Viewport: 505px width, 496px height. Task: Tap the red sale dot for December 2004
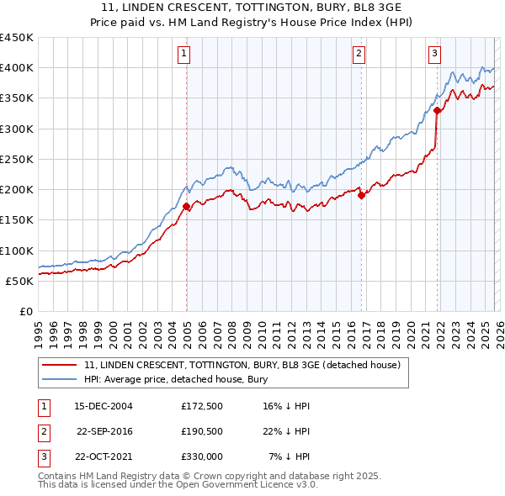coord(186,206)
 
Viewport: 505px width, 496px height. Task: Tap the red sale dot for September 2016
coord(361,195)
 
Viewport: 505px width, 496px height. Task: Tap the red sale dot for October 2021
coord(438,110)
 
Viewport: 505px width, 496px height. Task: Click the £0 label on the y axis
coord(26,311)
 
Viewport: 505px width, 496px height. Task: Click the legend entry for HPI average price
coord(175,379)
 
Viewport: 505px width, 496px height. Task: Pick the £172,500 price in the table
coord(201,406)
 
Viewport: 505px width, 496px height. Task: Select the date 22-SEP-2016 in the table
coord(105,431)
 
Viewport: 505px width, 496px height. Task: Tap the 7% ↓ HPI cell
coord(290,456)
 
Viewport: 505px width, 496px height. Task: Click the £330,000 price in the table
coord(201,456)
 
